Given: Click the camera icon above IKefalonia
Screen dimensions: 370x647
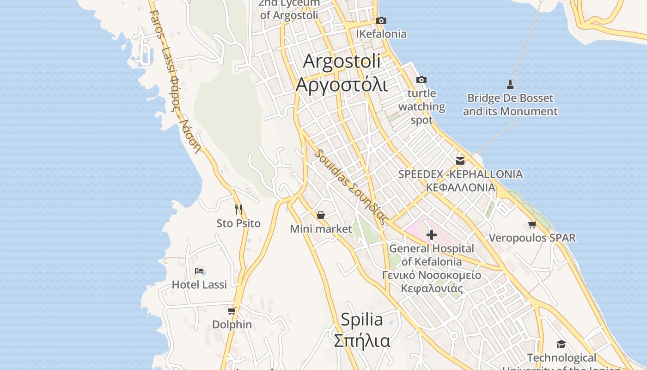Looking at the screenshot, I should [381, 20].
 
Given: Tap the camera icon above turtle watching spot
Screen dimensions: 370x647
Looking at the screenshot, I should [421, 80].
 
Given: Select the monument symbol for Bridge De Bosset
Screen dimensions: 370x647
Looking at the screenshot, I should [510, 84].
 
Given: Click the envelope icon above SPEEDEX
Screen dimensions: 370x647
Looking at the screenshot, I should [460, 160].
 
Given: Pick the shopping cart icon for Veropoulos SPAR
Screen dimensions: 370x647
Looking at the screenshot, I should [532, 224].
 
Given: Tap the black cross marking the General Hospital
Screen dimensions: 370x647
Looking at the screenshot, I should [431, 235].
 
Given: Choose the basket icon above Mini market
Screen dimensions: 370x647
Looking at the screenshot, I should [320, 215].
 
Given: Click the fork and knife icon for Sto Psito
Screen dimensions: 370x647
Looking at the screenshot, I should [238, 210].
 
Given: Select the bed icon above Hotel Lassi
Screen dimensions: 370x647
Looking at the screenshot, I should [199, 271].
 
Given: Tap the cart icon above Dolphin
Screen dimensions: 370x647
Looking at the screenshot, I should [232, 311].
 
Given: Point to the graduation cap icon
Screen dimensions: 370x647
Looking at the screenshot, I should [561, 344].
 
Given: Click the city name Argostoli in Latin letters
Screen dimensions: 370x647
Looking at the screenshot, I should [342, 61].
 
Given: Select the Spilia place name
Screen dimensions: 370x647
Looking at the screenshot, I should [362, 319].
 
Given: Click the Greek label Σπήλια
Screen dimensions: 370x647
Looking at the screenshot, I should [362, 341].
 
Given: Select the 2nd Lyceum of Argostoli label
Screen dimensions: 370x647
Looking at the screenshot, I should [289, 9].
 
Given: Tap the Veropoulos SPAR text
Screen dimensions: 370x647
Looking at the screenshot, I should [532, 238].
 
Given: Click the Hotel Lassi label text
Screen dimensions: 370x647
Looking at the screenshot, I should [199, 284].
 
